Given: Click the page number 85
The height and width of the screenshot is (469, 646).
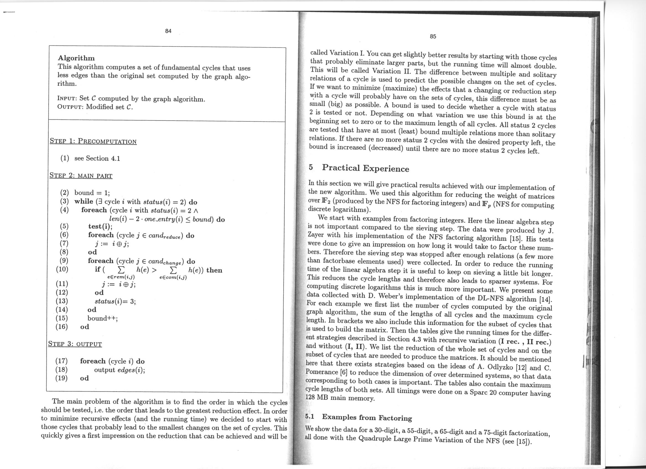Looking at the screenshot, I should coord(433,37).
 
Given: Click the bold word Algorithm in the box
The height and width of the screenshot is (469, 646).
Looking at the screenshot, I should coord(76,58).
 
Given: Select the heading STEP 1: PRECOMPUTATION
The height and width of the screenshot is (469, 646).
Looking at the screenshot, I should coord(93,141).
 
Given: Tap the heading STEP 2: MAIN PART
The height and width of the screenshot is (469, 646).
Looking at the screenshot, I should coord(81,175).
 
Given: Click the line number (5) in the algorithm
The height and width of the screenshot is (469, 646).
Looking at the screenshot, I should coord(64,227).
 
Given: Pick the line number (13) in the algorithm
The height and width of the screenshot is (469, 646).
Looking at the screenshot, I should coord(62,301).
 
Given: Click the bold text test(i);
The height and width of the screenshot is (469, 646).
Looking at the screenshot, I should coord(100,227).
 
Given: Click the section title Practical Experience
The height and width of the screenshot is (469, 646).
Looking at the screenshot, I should coord(365,168).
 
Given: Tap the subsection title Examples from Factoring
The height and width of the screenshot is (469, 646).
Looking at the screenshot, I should coord(367,418).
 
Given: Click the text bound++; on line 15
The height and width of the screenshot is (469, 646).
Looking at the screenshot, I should coord(102,318).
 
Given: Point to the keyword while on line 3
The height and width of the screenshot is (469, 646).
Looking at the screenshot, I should coord(84,202).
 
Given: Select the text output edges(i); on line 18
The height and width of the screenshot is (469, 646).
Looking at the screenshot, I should coord(119,370).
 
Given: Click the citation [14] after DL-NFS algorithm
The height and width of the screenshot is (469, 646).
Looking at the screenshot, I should coord(546,300).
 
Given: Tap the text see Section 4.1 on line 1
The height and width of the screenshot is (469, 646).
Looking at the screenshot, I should coord(97,158).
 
